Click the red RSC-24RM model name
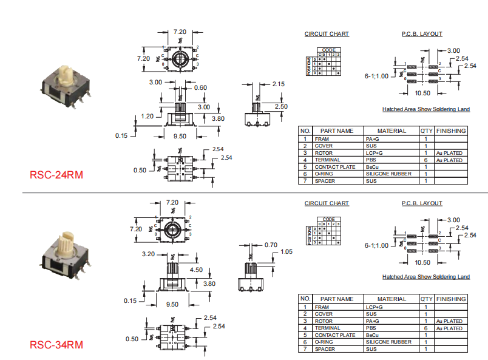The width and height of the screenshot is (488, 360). (x=56, y=175)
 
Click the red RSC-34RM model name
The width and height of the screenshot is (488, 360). (x=56, y=345)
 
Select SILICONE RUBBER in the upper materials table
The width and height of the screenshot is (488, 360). (x=388, y=174)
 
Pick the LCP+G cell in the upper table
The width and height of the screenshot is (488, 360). (x=374, y=153)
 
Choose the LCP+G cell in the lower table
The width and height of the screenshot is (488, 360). (x=374, y=307)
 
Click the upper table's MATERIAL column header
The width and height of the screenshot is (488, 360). (x=391, y=131)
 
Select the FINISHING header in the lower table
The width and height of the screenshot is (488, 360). (x=451, y=299)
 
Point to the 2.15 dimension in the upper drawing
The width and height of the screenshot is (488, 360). (x=279, y=84)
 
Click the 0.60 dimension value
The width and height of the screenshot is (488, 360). (x=200, y=87)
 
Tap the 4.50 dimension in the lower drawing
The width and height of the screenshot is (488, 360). (x=196, y=270)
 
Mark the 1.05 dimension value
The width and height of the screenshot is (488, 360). (x=287, y=251)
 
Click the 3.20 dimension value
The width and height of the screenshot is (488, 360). (x=150, y=254)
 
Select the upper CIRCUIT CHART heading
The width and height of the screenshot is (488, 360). (x=327, y=34)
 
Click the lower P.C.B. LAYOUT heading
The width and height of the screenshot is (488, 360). (x=422, y=203)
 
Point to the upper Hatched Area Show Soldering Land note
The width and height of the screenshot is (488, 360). (x=425, y=109)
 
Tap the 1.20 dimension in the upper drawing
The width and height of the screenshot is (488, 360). (x=147, y=116)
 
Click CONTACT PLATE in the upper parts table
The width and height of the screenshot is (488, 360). (x=334, y=167)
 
